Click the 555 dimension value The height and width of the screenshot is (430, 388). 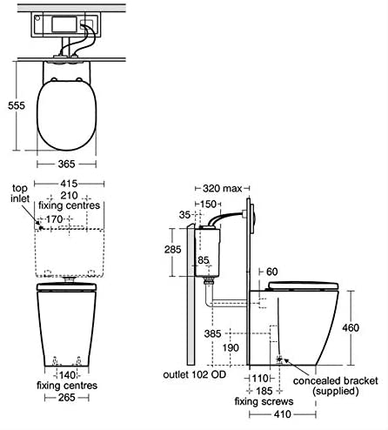[17, 105]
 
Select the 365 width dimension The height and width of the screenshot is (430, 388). [67, 165]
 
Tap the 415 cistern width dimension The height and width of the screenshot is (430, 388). [69, 184]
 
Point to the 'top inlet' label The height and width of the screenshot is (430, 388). [20, 193]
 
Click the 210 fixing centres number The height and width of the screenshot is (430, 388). [69, 195]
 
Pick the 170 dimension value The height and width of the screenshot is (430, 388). [54, 219]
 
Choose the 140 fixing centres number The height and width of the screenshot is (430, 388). [67, 375]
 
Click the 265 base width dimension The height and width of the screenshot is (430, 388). [67, 398]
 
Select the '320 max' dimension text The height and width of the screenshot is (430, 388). [222, 189]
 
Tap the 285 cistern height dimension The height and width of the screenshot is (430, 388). [173, 250]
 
